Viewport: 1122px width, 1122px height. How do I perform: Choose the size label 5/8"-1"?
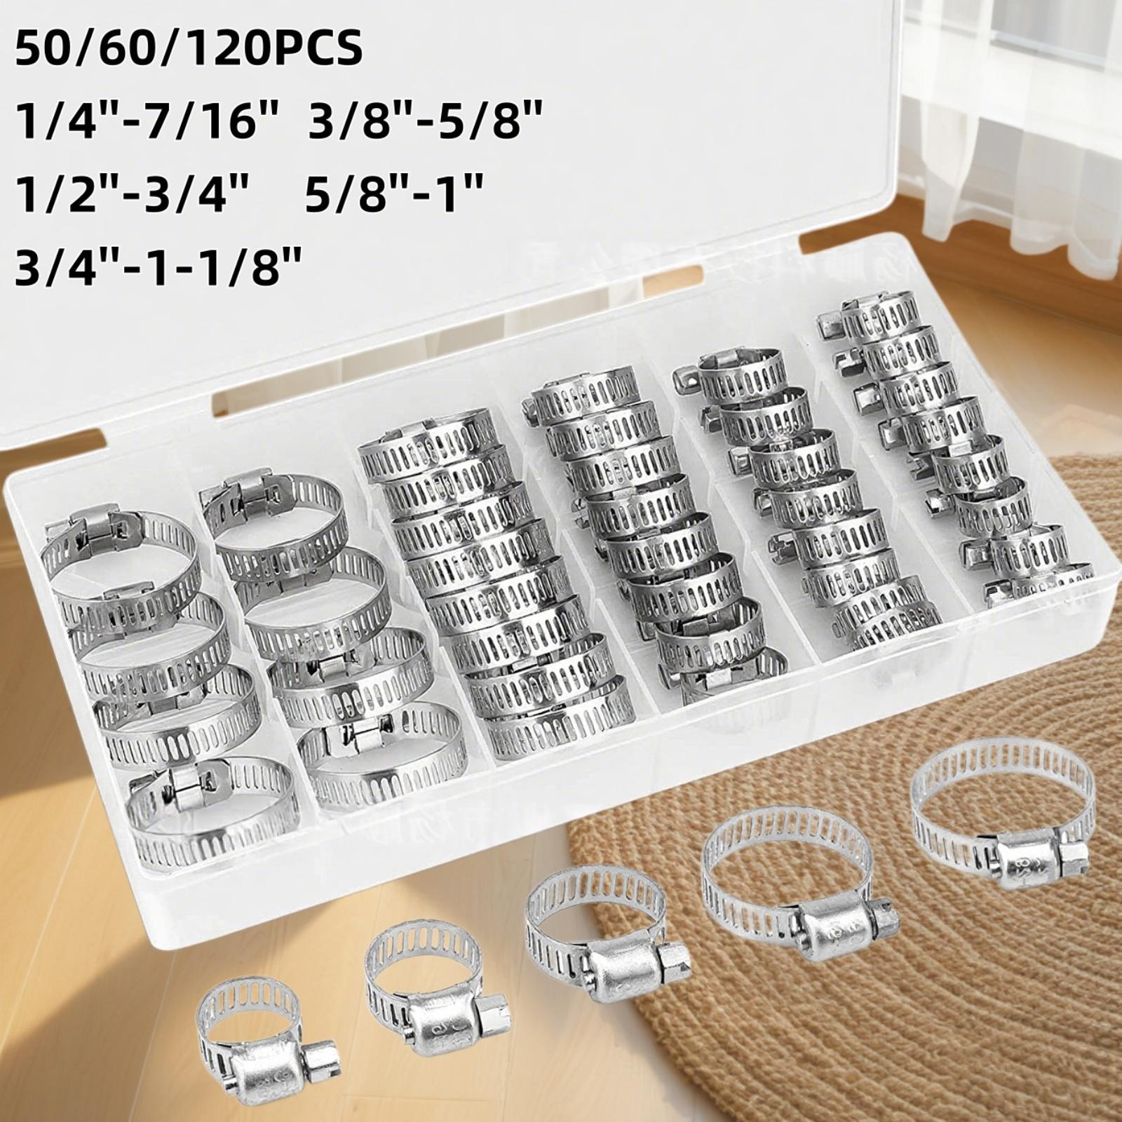click(395, 191)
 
